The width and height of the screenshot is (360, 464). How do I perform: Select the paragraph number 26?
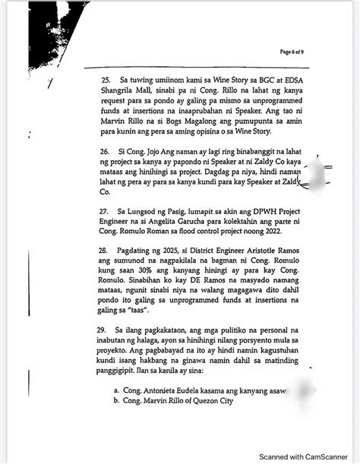[x=105, y=153]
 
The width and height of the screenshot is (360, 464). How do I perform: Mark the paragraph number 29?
[x=105, y=333]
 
